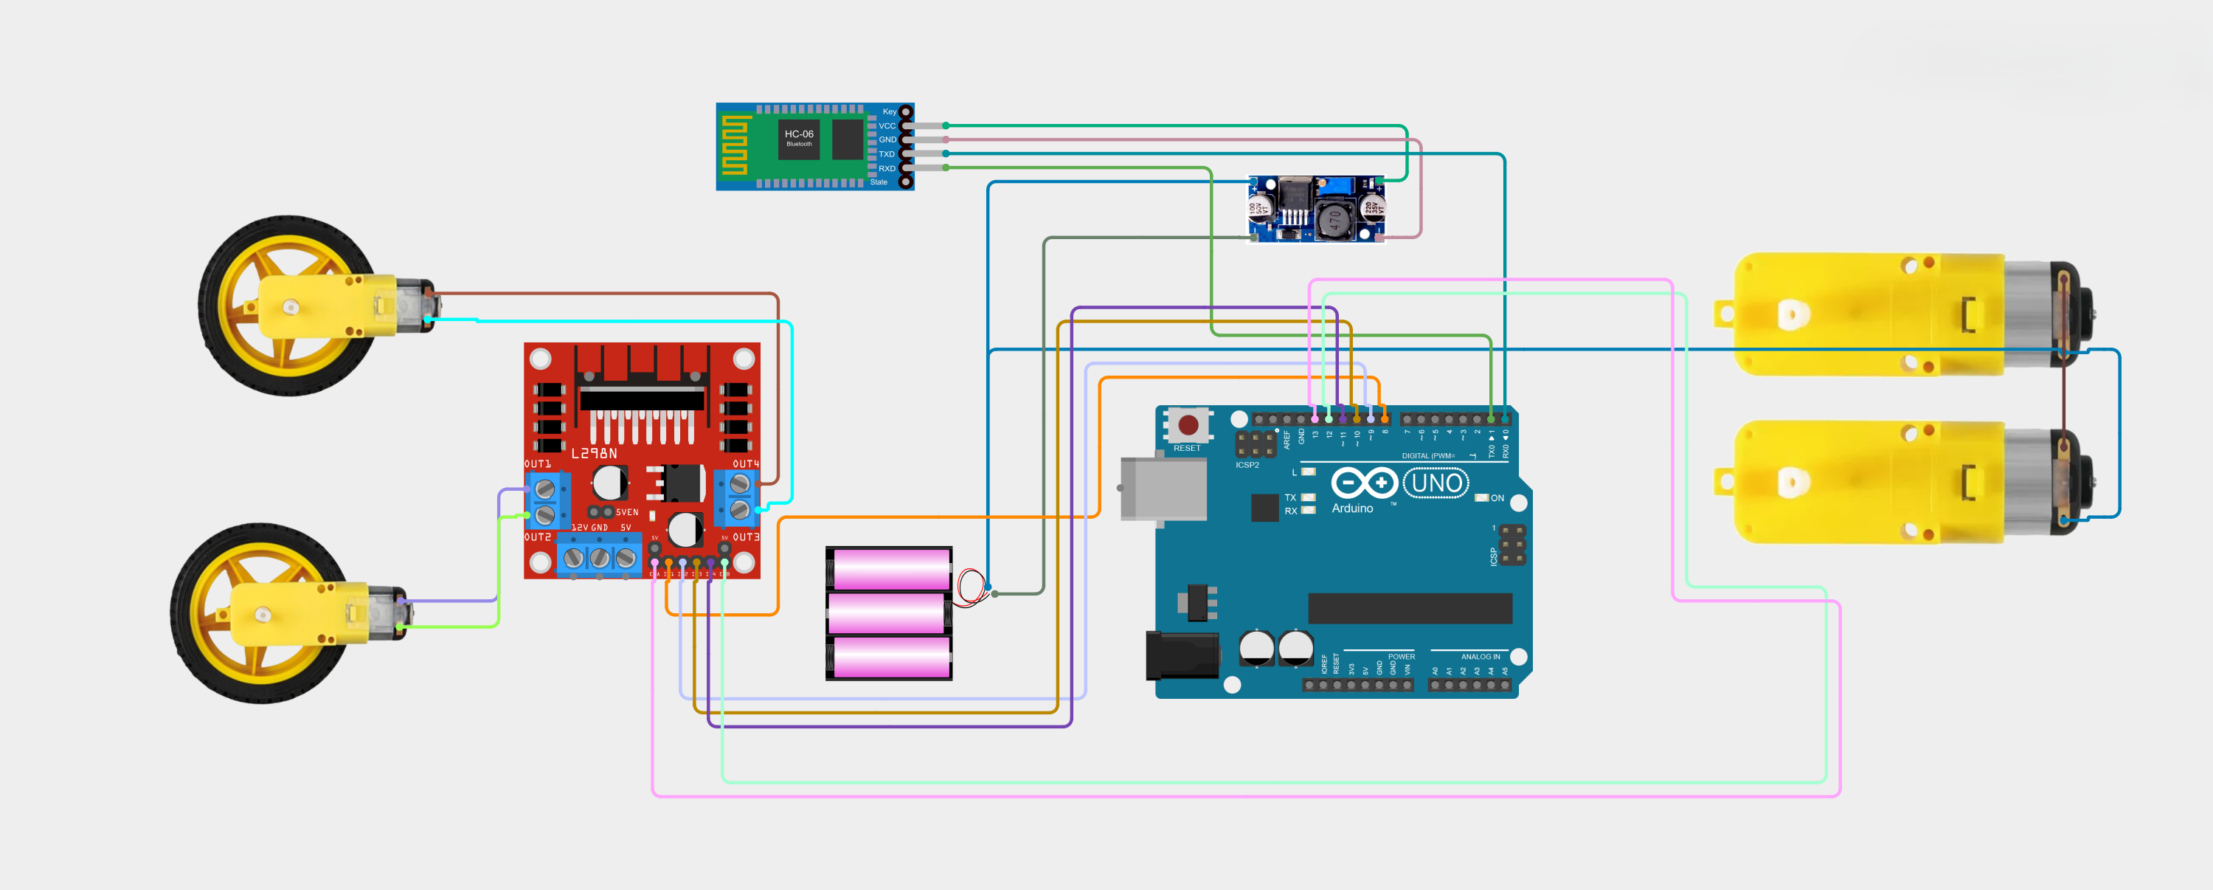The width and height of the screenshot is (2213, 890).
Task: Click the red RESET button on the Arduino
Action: pos(1188,424)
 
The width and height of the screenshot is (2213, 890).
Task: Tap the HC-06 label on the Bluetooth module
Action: pos(799,134)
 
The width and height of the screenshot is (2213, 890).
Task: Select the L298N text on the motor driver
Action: pos(595,452)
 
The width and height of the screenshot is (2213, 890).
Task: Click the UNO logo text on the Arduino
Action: pos(1436,483)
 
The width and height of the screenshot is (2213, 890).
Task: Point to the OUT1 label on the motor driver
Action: pos(538,464)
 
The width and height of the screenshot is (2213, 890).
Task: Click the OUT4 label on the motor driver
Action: pos(746,464)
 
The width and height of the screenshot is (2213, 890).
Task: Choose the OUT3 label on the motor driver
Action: pos(746,537)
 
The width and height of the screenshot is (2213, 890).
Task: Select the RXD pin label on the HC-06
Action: pos(887,168)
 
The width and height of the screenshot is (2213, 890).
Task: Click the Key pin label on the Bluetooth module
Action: pos(889,111)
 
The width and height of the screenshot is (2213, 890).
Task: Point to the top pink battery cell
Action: pos(891,569)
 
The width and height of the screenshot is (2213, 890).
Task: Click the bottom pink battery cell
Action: pos(891,658)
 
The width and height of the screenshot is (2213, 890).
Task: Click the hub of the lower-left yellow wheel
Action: pos(263,614)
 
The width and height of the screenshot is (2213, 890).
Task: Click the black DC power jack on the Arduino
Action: pos(1182,655)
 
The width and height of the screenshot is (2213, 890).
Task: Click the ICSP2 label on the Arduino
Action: pos(1247,465)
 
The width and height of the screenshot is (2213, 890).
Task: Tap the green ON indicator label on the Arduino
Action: pos(1497,498)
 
